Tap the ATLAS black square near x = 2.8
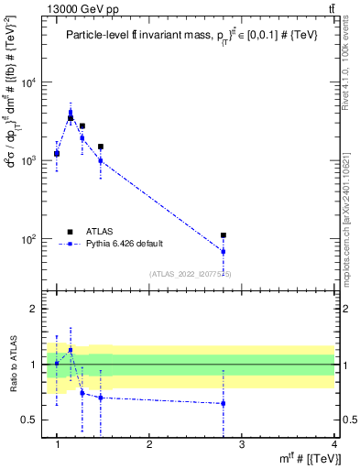(x=223, y=235)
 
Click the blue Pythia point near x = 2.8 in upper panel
(x=223, y=251)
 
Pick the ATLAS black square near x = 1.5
(x=101, y=147)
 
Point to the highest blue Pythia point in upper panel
(x=71, y=114)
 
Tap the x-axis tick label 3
(x=241, y=444)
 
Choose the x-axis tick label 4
(x=334, y=444)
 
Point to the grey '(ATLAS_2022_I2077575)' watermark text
(x=191, y=273)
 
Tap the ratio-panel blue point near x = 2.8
(x=223, y=403)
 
